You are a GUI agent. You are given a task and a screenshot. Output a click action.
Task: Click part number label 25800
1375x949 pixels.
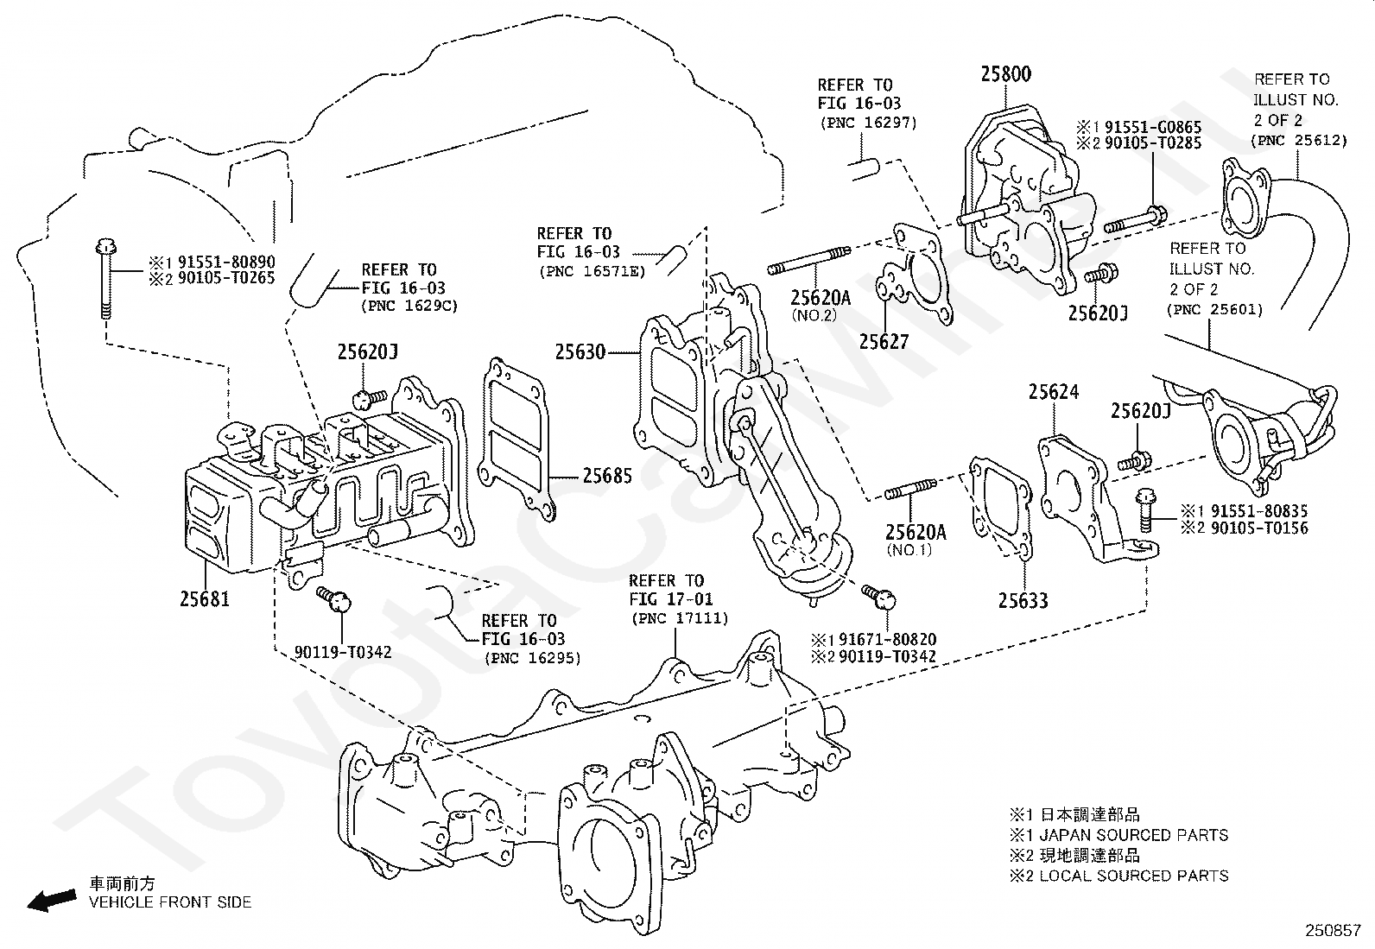click(1005, 74)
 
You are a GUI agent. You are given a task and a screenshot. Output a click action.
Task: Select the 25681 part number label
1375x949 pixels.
click(205, 597)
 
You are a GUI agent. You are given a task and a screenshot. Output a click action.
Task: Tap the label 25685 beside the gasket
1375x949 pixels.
click(606, 476)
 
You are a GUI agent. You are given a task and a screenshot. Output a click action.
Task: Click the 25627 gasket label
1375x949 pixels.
click(884, 342)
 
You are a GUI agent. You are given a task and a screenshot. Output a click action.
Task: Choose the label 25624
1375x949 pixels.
click(1053, 393)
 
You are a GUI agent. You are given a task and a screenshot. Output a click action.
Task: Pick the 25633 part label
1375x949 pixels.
click(1023, 600)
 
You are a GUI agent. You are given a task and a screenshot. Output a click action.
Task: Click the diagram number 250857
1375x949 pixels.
click(1332, 932)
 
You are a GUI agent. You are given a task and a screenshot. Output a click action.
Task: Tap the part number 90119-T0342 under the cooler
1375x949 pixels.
click(343, 652)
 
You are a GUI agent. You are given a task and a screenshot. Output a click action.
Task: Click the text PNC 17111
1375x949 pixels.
click(680, 618)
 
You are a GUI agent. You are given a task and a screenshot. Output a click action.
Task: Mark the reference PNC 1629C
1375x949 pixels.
click(410, 306)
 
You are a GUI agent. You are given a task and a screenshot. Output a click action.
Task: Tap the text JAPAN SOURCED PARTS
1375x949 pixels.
click(1133, 835)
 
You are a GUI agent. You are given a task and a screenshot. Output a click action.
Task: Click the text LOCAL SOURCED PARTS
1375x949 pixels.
click(1133, 876)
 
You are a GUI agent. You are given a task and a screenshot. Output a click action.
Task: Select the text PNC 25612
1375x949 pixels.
click(1300, 140)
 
